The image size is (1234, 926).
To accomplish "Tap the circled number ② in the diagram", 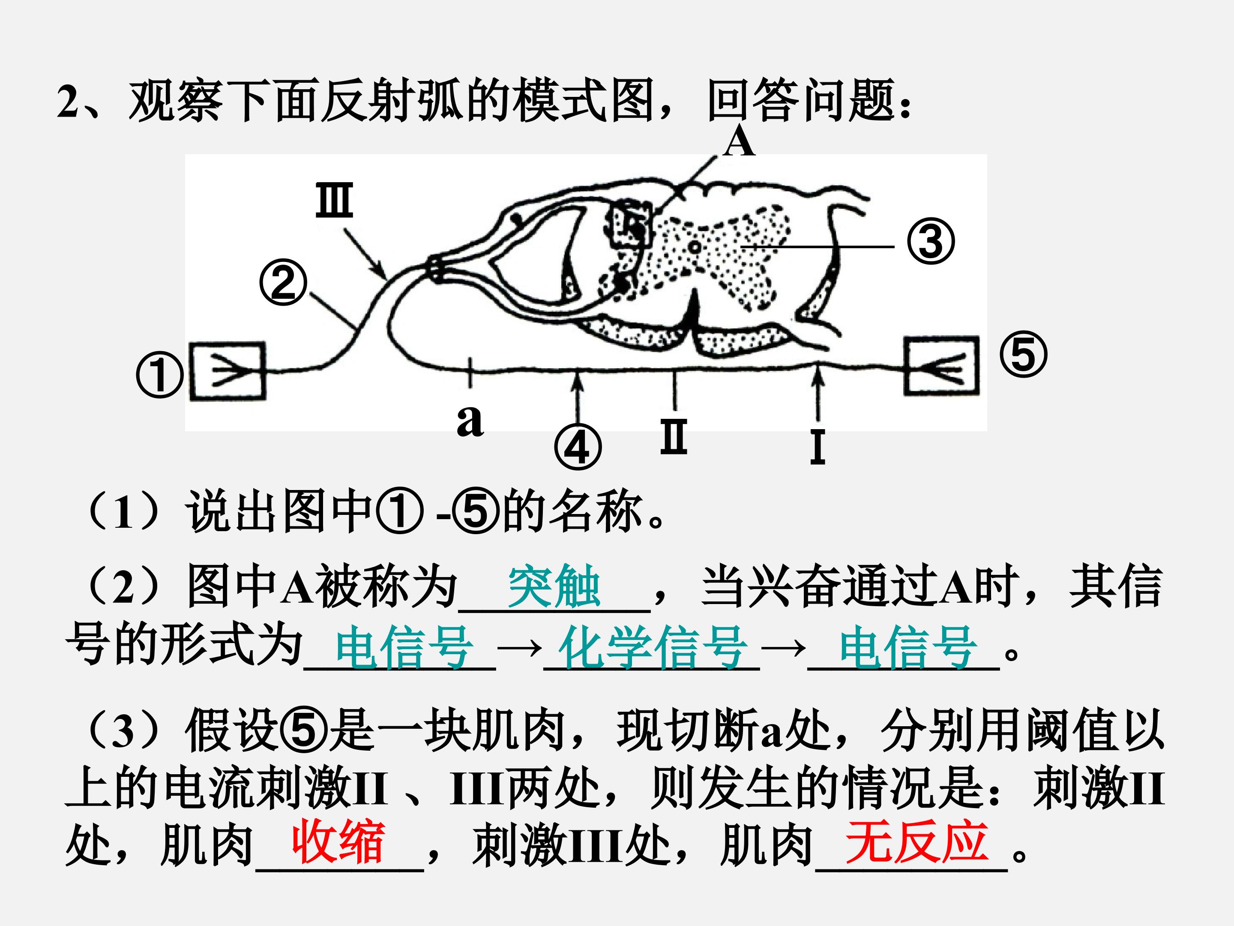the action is tap(283, 282).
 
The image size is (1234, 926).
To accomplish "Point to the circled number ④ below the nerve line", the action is tap(578, 448).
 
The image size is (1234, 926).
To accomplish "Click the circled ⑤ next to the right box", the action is tap(1023, 355).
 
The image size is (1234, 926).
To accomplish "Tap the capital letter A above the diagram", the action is tap(740, 142).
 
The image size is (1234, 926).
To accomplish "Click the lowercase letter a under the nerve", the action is tap(470, 420).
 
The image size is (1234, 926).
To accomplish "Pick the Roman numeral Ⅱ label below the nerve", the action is tap(674, 436).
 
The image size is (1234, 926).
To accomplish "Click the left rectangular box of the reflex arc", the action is tap(228, 371).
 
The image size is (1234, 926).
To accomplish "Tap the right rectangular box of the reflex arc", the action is tap(941, 366).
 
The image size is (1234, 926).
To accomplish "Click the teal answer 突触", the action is tap(554, 586).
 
